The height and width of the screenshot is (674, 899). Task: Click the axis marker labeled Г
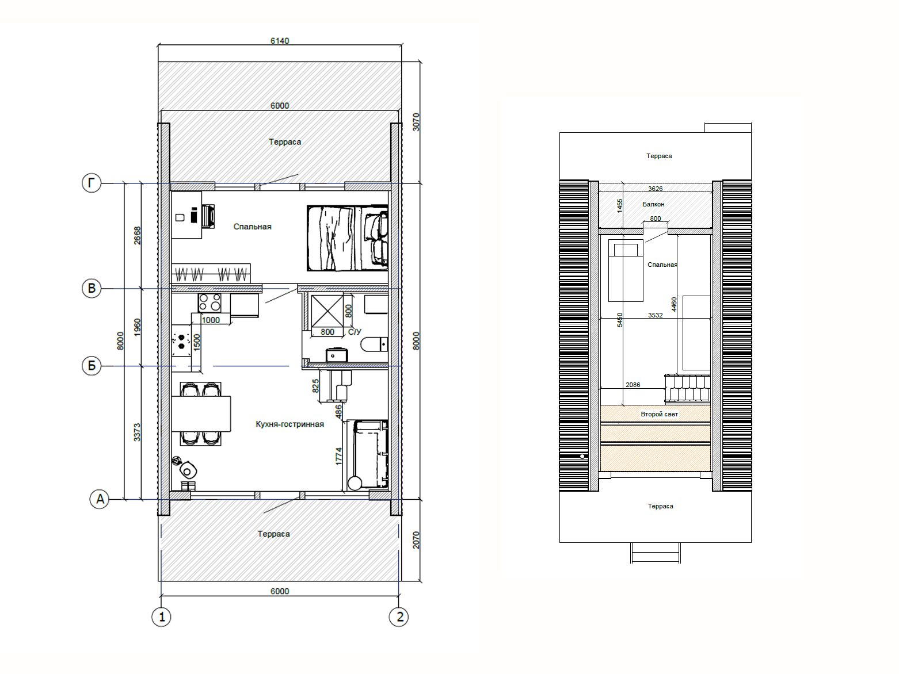[92, 183]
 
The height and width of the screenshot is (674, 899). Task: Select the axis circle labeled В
[92, 288]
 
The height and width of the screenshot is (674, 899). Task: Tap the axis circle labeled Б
[92, 365]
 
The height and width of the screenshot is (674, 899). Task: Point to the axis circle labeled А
[100, 499]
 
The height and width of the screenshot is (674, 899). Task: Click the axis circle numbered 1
[161, 616]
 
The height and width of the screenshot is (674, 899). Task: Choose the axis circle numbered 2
[398, 616]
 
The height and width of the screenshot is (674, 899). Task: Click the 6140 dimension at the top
[280, 40]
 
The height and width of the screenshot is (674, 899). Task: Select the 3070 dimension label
[416, 122]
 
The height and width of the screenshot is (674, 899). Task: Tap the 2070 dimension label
[416, 540]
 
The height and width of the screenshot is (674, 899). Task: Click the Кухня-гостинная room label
[289, 424]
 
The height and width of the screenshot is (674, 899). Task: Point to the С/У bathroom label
[355, 331]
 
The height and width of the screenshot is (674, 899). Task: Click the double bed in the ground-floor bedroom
[347, 238]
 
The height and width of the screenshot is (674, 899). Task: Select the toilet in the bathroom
[374, 344]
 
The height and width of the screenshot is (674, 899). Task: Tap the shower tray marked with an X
[327, 311]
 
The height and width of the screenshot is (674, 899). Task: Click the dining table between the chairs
[201, 413]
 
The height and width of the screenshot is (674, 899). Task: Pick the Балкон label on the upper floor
[653, 204]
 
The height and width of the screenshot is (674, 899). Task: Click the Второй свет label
[659, 414]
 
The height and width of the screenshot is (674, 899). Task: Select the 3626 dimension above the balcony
[656, 189]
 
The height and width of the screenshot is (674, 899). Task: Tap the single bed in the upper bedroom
[626, 270]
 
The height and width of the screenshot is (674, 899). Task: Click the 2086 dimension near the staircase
[633, 385]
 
